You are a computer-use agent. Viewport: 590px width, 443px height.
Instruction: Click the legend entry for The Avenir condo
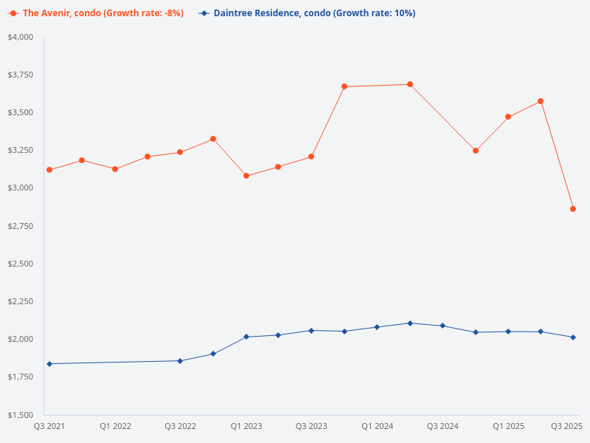tap(95, 13)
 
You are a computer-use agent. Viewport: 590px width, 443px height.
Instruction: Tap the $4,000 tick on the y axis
tap(21, 37)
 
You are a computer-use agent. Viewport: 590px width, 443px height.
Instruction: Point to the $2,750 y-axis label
tap(21, 226)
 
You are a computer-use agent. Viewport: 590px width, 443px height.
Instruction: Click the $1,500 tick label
tap(21, 415)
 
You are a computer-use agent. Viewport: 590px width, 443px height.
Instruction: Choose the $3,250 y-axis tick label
tap(21, 151)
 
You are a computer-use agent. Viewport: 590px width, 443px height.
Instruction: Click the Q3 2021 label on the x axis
tap(49, 426)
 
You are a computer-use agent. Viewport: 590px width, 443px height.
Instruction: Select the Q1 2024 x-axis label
tap(377, 426)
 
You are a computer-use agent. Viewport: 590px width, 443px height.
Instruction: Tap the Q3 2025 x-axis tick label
tap(566, 426)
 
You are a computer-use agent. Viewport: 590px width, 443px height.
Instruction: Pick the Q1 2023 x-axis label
tap(246, 426)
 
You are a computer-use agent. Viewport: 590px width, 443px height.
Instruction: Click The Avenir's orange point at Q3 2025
tap(573, 209)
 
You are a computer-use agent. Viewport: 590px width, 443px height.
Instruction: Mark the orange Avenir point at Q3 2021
tap(49, 170)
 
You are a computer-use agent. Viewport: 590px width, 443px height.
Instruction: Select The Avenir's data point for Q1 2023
tap(246, 176)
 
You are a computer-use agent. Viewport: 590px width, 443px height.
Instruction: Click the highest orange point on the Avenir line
tap(410, 84)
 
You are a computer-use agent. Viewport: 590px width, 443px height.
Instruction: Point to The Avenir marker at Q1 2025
tap(508, 117)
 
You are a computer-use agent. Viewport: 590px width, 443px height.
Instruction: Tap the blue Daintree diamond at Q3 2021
tap(49, 364)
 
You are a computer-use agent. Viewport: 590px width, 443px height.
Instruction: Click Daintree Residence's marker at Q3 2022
tap(180, 361)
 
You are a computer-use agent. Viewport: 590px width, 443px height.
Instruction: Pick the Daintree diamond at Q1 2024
tap(377, 327)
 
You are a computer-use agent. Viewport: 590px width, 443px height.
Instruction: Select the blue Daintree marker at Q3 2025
tap(573, 337)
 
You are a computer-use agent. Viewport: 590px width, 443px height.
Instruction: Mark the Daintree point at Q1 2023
tap(246, 337)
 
